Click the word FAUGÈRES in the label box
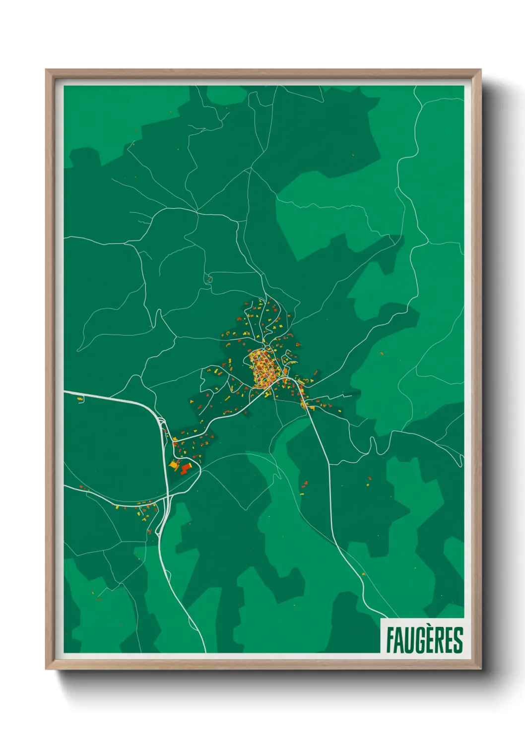424,640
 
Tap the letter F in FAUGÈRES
390,640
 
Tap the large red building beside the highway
186,469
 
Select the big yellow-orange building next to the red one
174,465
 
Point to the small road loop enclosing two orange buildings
209,280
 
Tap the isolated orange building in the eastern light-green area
382,354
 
